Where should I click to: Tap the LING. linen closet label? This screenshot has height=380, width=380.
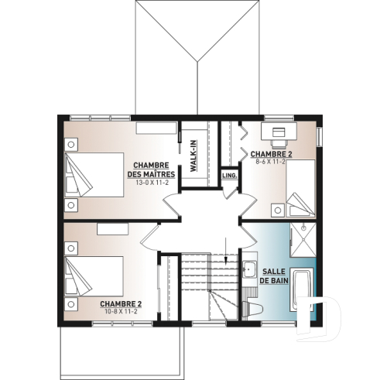(x=229, y=176)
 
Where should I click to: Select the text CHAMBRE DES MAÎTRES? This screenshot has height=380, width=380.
(x=152, y=170)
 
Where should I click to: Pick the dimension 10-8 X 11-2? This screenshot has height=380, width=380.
(x=120, y=312)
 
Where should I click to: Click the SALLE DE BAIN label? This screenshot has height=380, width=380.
(x=276, y=277)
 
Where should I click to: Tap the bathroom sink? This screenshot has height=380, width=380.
(x=248, y=271)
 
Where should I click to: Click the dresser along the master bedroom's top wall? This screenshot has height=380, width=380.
(x=157, y=128)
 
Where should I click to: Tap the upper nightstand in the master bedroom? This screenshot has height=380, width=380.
(x=71, y=144)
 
